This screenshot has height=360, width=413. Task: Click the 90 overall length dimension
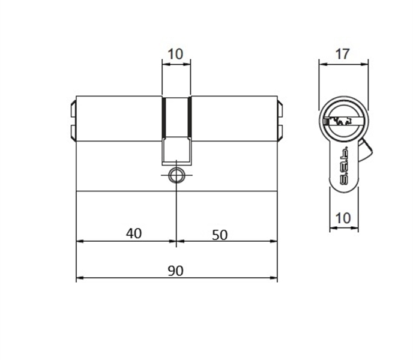point(175,271)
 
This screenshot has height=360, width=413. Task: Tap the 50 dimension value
point(220,235)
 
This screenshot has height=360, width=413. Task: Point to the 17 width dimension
point(342,54)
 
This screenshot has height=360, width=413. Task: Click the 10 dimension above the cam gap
point(175,54)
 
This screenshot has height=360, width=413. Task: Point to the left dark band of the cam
point(163,117)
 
